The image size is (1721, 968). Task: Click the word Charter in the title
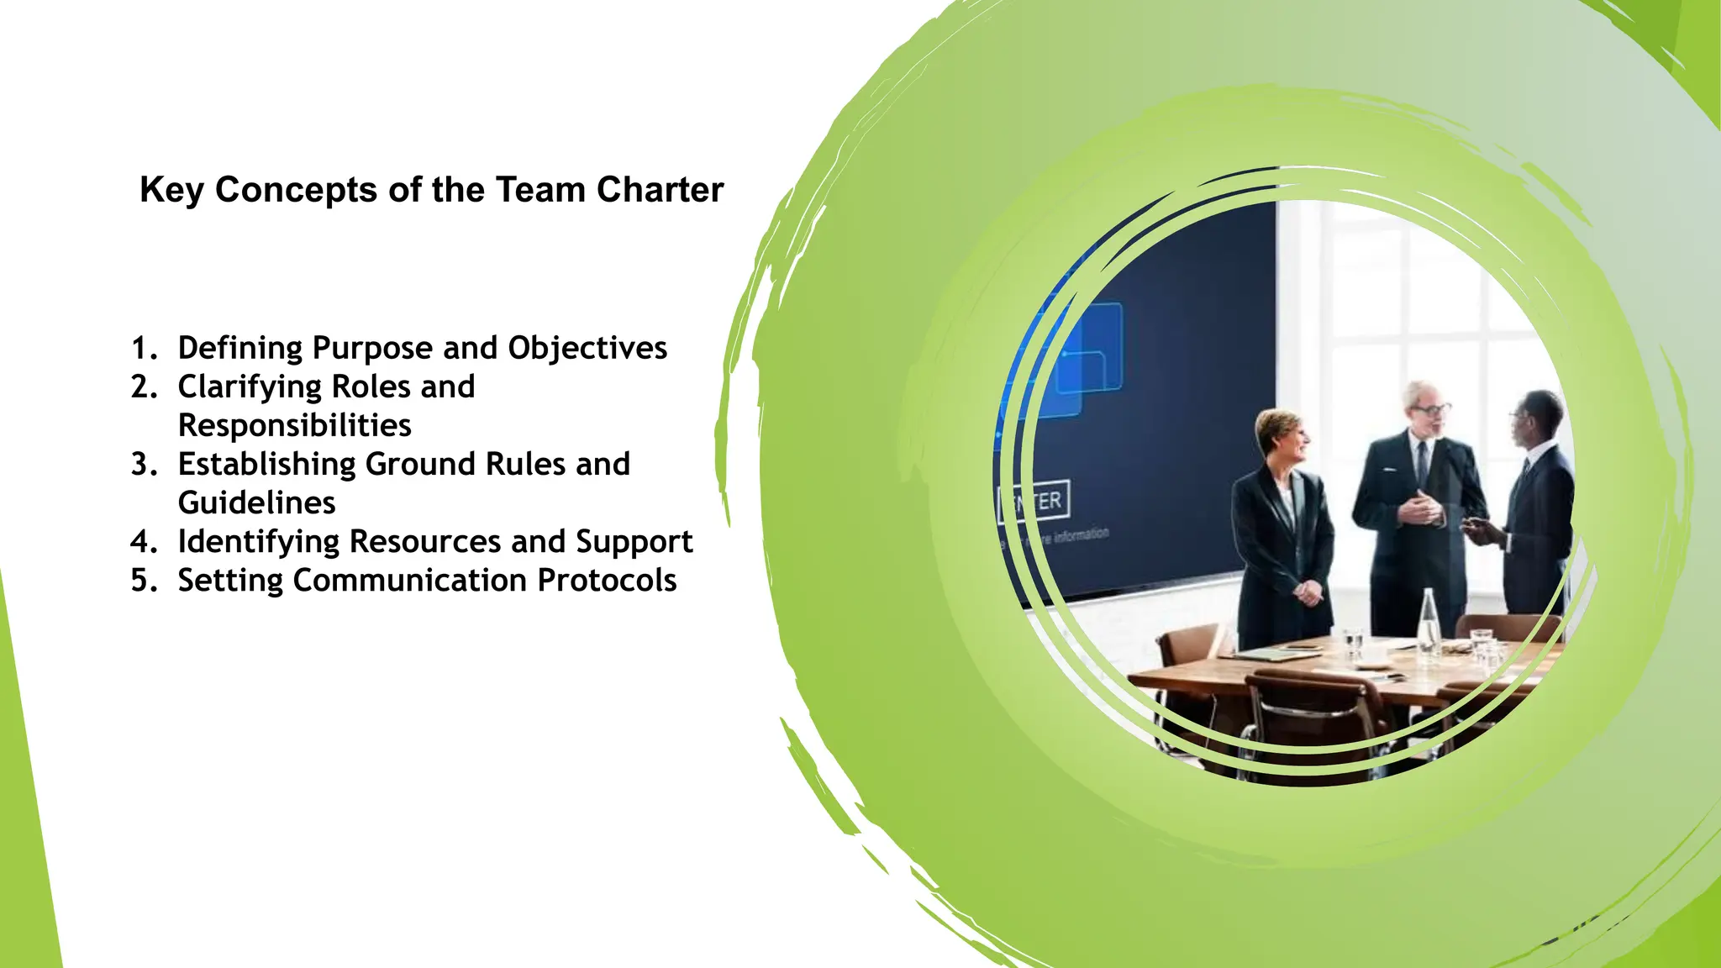pos(660,190)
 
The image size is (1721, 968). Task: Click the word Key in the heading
pos(171,190)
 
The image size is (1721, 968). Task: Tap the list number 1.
pos(143,348)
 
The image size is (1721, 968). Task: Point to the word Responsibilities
pos(294,425)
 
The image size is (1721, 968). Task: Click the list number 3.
pos(143,464)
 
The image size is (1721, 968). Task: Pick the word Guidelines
pos(256,502)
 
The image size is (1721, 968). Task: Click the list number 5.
pos(143,580)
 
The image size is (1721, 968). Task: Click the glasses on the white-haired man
pos(1431,410)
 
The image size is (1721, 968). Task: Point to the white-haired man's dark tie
pos(1422,461)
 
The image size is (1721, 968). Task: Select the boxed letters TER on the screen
pos(1039,502)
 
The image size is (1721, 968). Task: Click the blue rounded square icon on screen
pos(1089,348)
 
